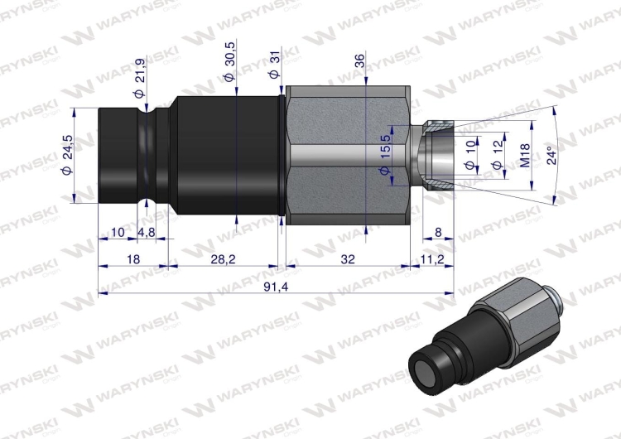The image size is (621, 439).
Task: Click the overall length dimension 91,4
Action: (270, 286)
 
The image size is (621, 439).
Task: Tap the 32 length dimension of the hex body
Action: (348, 259)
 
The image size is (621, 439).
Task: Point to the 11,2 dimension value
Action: (433, 259)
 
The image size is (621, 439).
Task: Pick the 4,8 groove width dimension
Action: (147, 233)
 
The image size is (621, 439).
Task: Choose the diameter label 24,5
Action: (68, 155)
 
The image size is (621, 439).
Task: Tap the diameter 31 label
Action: (275, 65)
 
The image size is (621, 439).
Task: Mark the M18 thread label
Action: (524, 155)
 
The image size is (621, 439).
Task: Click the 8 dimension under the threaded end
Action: (438, 233)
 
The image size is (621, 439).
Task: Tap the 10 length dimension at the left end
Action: (118, 233)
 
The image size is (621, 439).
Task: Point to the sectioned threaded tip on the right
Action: (436, 155)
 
